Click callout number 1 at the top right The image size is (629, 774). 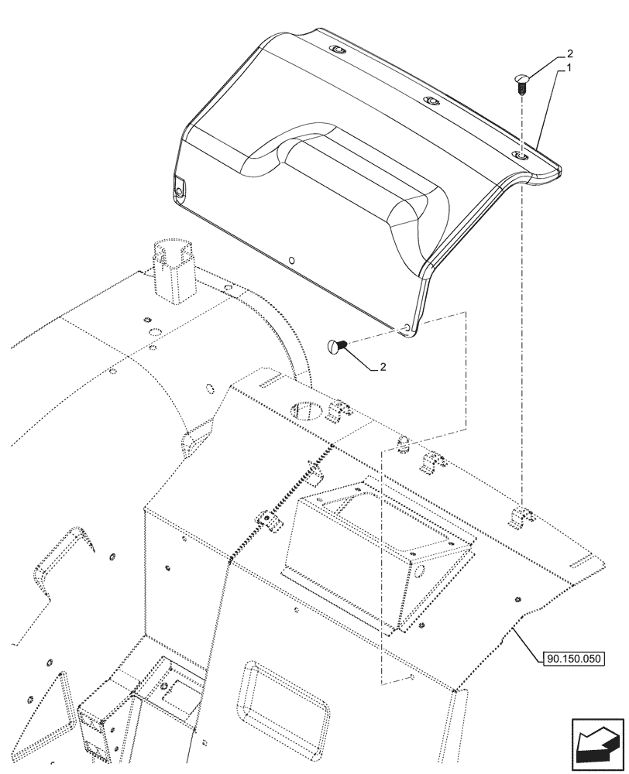(x=569, y=68)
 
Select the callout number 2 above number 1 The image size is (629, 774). (x=569, y=54)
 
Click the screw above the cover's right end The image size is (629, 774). (x=521, y=82)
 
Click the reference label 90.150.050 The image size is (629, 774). (x=569, y=658)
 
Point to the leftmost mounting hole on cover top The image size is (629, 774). (x=337, y=50)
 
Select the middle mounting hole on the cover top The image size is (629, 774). (x=428, y=101)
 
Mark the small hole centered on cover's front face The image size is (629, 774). (x=290, y=260)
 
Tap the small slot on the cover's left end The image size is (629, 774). (x=180, y=188)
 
